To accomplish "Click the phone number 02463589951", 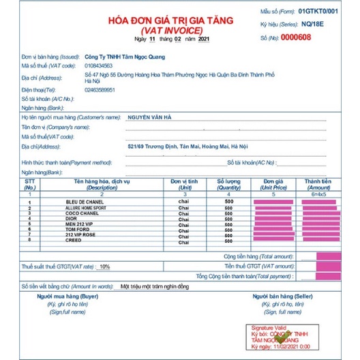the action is pos(101,89).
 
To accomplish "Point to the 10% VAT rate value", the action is pos(104,267).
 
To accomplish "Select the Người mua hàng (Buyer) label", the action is pos(65,297).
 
